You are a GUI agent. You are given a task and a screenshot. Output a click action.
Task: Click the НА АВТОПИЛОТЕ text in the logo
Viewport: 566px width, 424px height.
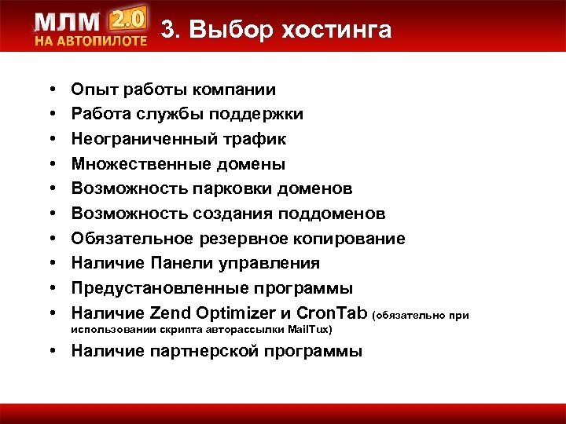90,40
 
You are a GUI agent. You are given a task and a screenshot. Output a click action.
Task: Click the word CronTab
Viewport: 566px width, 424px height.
335,313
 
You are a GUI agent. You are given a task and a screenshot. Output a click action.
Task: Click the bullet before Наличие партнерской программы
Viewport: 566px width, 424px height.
50,351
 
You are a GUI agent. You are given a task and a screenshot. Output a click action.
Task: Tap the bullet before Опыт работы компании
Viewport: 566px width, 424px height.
50,90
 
